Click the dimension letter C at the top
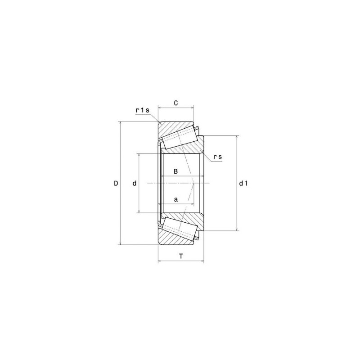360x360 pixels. (176, 103)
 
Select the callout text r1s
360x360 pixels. (142, 110)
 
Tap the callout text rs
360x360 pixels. (218, 157)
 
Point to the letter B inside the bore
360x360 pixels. (176, 171)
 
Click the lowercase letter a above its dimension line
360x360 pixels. (176, 198)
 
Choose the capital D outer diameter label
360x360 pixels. (116, 183)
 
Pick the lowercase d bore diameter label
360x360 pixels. (135, 183)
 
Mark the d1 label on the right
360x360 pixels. (243, 183)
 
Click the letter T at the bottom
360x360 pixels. (181, 256)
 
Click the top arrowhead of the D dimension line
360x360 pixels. (120, 124)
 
